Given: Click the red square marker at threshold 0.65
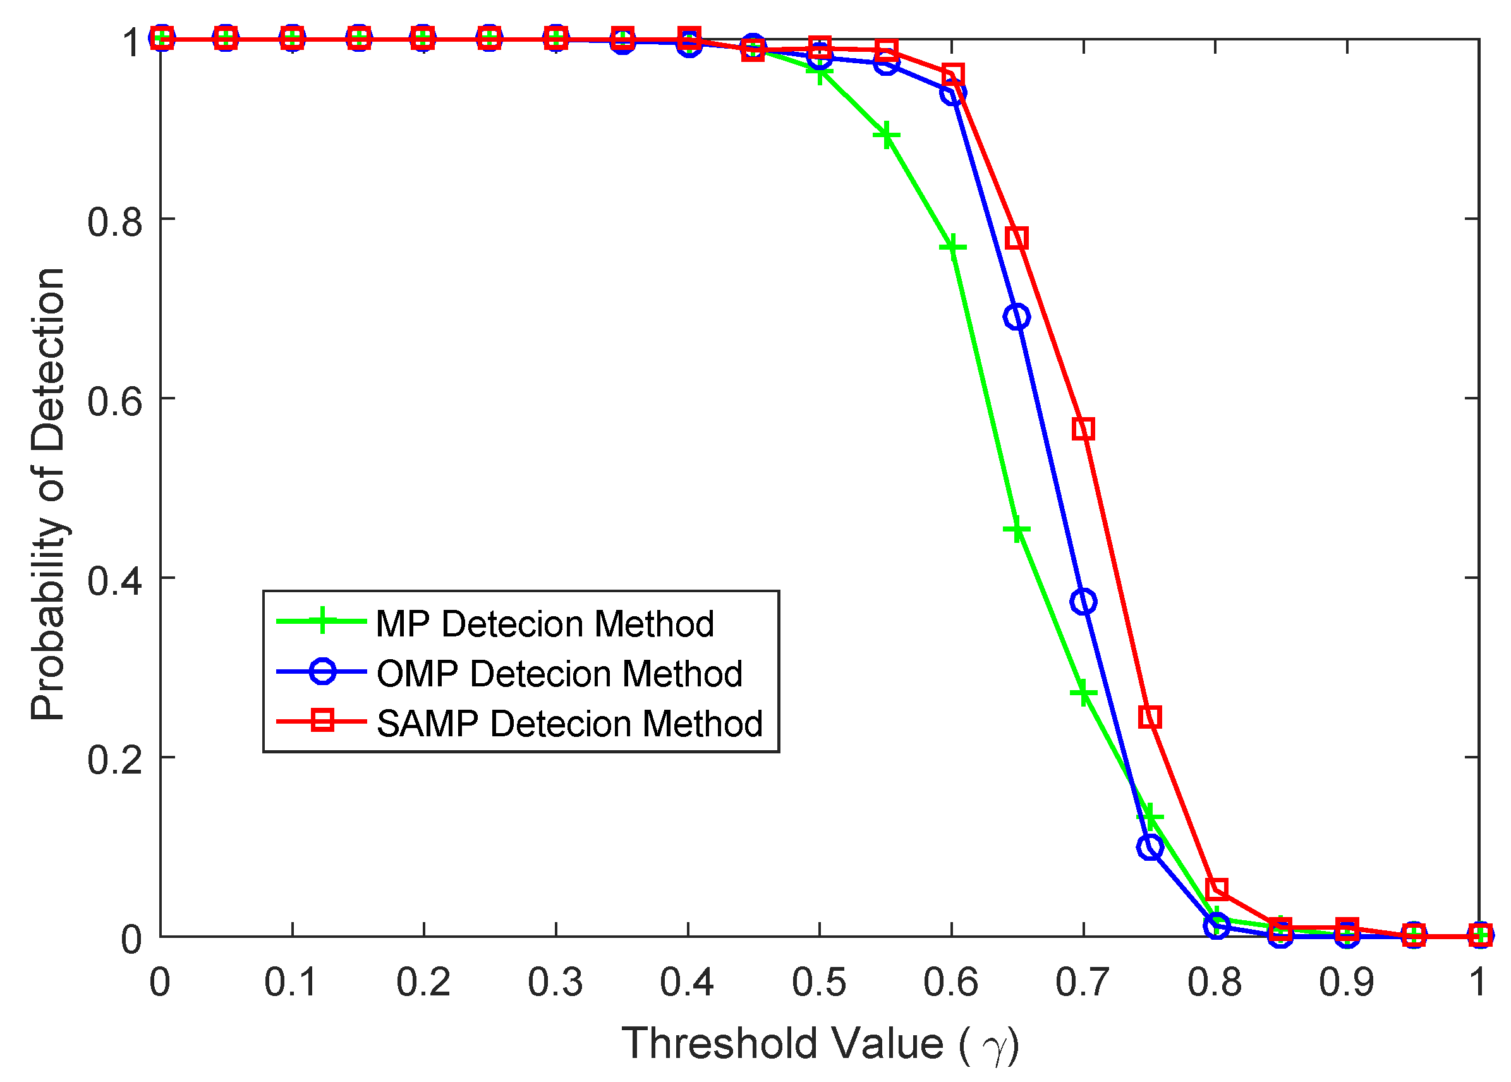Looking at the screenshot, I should [1017, 238].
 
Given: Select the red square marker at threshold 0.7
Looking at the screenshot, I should [1083, 429].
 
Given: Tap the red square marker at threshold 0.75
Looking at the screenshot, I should [1150, 717].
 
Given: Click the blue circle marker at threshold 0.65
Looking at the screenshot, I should [1016, 317].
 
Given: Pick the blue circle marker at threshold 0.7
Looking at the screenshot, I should [1083, 602].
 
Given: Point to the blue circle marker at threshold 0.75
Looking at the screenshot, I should [1150, 848].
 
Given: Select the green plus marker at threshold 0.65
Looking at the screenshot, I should [1017, 530].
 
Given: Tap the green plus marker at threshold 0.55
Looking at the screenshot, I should [886, 135].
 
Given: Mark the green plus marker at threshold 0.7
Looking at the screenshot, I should [1083, 693].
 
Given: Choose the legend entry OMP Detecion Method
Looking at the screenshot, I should [558, 674].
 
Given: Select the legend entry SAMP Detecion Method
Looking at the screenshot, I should [568, 724].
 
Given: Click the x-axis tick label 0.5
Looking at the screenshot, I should [819, 982].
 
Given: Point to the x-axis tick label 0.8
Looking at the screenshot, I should [1215, 982].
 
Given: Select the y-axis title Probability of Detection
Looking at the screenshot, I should [48, 493].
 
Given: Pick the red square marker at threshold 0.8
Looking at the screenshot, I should [1217, 889].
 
